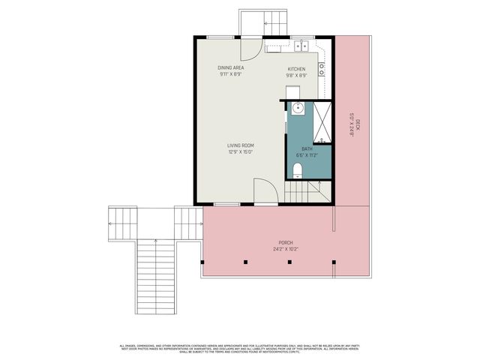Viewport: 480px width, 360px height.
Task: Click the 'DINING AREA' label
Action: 231,67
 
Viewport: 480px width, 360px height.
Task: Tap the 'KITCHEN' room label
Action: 297,70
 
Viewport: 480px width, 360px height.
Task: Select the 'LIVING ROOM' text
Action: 241,145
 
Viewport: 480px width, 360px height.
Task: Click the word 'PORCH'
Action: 285,243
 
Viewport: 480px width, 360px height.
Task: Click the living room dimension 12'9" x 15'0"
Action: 241,151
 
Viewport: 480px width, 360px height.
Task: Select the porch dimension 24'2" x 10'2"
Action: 285,249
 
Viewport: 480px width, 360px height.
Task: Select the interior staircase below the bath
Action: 308,193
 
